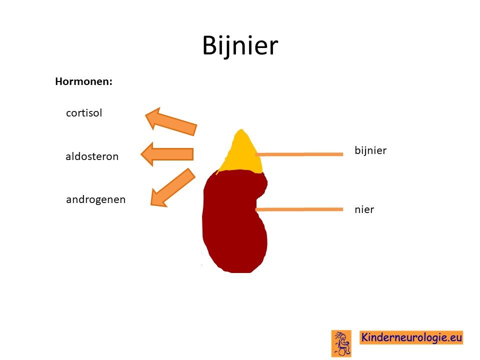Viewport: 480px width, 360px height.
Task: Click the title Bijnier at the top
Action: click(240, 45)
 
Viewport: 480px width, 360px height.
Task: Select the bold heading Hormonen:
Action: click(83, 81)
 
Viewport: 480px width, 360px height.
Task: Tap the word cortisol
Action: click(84, 113)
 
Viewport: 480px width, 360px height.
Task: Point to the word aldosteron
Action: click(92, 156)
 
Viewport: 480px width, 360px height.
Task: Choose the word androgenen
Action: click(96, 200)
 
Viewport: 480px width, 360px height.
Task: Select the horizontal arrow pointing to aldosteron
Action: click(167, 154)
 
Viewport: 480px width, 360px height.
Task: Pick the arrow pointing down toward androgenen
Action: click(172, 187)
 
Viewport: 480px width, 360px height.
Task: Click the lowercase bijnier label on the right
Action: click(370, 150)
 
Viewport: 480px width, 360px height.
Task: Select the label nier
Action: click(364, 209)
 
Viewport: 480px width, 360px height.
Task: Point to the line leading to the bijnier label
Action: click(299, 154)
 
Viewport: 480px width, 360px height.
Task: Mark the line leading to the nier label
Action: click(299, 209)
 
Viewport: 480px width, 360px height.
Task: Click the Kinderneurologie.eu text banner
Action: click(411, 337)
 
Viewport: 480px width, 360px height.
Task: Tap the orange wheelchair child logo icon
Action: click(341, 343)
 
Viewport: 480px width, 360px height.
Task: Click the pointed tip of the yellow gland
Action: click(241, 130)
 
